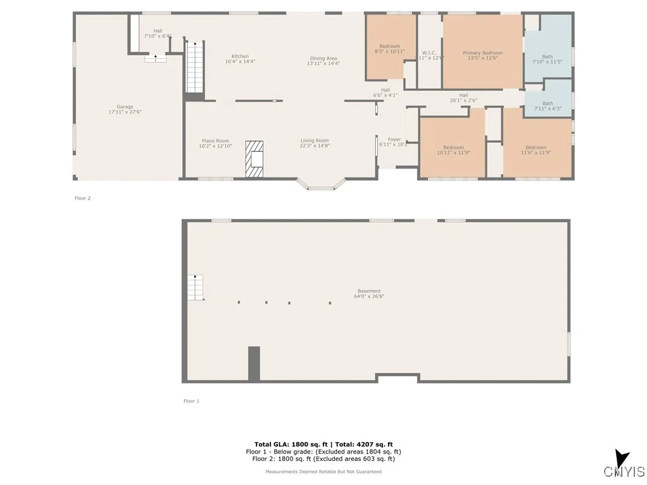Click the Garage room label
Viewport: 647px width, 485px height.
point(124,109)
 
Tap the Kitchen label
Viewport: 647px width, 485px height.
point(240,59)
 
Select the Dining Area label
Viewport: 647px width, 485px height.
point(323,61)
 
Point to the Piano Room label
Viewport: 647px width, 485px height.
point(215,143)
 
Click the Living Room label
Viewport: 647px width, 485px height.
point(315,143)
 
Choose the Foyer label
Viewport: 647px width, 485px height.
point(394,142)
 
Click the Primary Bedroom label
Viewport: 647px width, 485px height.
point(483,56)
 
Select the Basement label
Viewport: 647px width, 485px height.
point(369,294)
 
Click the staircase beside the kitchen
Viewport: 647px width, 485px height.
point(195,67)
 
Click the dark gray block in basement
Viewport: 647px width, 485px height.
point(254,363)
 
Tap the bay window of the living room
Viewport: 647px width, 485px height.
point(322,184)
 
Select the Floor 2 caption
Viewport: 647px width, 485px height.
point(83,198)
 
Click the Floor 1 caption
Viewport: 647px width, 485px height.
point(191,401)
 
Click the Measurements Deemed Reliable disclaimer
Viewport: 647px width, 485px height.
point(323,472)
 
